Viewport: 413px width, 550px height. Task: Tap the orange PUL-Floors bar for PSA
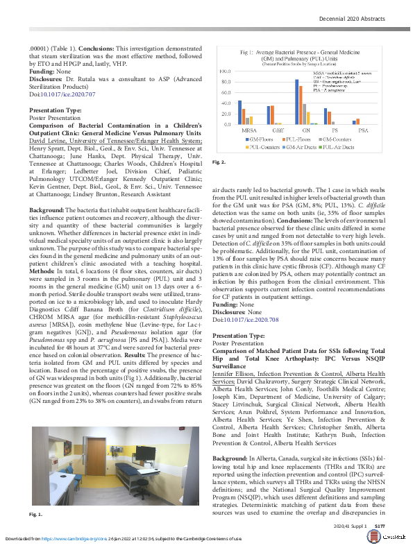point(357,121)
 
